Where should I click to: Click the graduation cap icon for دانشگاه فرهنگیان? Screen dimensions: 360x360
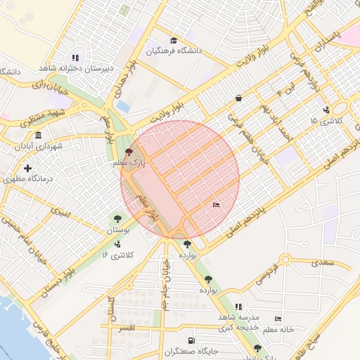click(x=174, y=40)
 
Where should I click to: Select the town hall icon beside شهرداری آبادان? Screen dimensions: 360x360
click(x=37, y=135)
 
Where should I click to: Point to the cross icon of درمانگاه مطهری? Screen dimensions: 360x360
click(x=27, y=168)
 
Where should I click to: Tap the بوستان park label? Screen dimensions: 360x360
click(x=118, y=230)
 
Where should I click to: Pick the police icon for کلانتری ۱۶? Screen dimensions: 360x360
click(x=117, y=243)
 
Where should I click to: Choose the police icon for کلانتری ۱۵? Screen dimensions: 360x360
click(x=326, y=110)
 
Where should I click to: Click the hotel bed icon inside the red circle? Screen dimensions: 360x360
click(x=216, y=205)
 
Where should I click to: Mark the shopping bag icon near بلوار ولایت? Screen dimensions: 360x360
click(x=239, y=98)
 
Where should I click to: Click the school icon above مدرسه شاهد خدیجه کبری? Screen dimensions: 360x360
click(x=239, y=307)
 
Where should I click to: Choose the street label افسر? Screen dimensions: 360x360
click(x=127, y=328)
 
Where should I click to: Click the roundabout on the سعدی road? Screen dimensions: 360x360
click(x=286, y=261)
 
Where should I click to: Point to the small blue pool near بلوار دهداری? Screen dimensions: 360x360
click(x=124, y=106)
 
